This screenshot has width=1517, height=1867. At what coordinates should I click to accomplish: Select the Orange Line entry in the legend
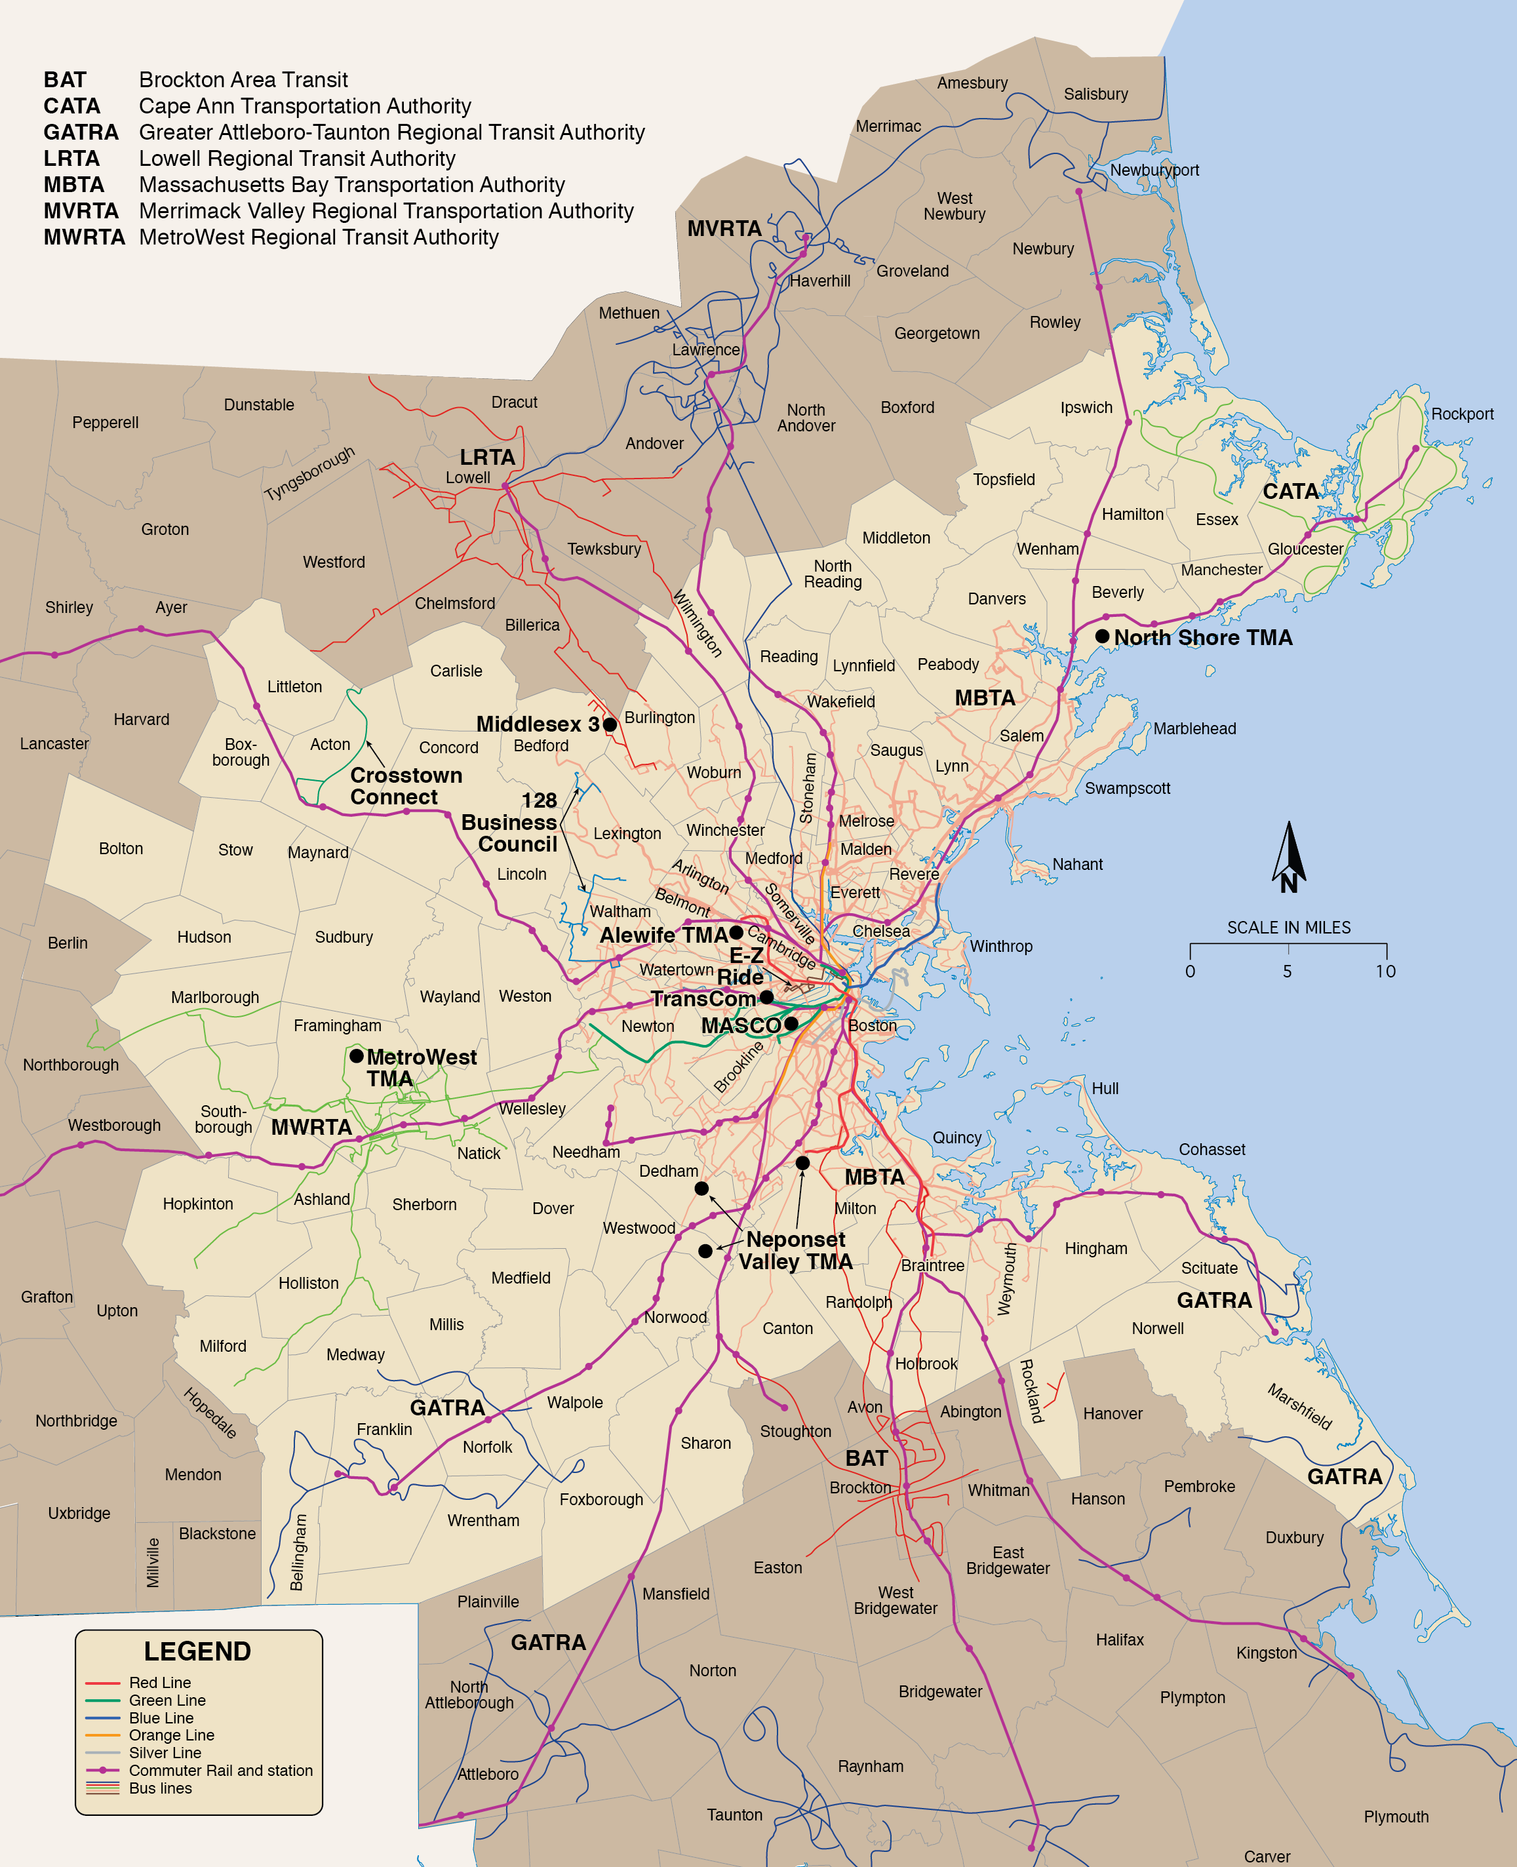point(171,1735)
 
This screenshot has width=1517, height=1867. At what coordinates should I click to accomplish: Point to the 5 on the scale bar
point(1287,972)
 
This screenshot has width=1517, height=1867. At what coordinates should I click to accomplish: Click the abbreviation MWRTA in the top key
point(84,237)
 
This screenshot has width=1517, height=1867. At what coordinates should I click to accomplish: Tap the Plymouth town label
point(1396,1817)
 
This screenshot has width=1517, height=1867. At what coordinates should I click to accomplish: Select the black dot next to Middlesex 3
point(610,724)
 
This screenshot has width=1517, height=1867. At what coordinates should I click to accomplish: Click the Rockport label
point(1461,414)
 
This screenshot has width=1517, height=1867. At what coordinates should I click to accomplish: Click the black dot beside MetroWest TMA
point(357,1056)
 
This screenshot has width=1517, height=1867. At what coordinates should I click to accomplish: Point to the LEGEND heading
point(197,1652)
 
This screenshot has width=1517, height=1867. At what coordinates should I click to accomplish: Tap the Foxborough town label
point(601,1500)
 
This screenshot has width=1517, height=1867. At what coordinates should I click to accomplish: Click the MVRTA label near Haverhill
point(724,229)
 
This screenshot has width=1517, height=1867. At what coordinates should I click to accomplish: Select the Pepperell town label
point(105,423)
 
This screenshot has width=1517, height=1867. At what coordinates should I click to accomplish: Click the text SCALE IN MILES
point(1288,928)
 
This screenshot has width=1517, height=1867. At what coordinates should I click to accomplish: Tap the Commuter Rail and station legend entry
point(220,1771)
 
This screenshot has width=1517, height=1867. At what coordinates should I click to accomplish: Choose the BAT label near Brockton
point(866,1459)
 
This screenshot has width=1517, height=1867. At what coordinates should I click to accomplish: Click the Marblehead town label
point(1194,728)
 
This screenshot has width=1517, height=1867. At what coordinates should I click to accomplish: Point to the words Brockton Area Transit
point(243,81)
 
